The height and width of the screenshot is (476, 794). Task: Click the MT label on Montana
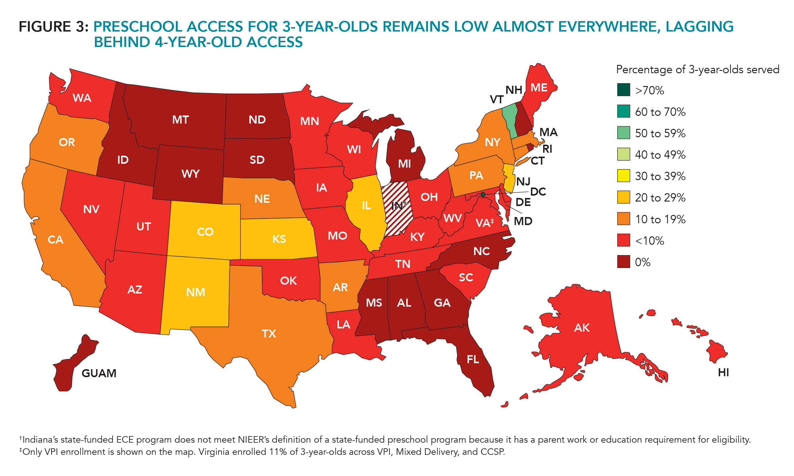tap(180, 120)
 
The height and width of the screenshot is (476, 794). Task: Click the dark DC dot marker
tap(483, 194)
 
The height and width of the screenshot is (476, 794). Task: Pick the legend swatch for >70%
tap(623, 90)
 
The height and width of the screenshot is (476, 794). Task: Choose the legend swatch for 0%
tap(623, 262)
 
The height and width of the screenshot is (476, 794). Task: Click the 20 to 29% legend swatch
tap(623, 197)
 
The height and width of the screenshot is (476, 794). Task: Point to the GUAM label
tap(99, 373)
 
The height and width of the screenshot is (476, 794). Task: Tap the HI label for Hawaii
tap(723, 372)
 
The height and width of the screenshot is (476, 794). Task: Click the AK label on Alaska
tap(582, 327)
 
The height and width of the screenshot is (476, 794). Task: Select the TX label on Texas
tap(269, 334)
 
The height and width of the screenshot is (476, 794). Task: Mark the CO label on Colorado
tap(205, 232)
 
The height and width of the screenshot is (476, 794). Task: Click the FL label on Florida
tap(473, 359)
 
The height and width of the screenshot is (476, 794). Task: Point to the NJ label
tap(523, 182)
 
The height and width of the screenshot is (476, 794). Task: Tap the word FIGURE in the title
tap(45, 26)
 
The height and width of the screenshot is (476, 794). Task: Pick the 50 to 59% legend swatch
tap(623, 133)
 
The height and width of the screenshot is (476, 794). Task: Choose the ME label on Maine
tap(539, 88)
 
